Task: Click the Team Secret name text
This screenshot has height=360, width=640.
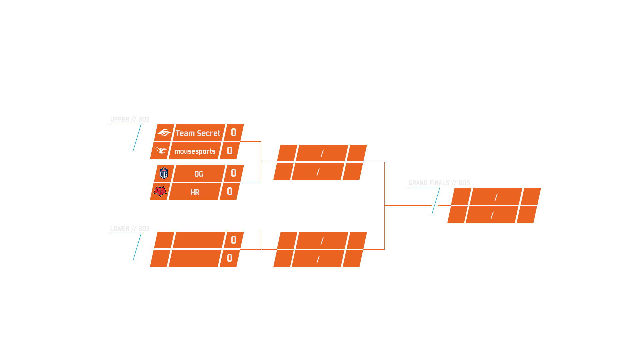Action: click(x=198, y=133)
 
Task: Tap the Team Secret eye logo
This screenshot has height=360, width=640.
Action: click(x=164, y=133)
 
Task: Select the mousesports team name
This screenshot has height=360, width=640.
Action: click(x=195, y=151)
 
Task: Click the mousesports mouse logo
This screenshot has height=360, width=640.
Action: click(x=161, y=150)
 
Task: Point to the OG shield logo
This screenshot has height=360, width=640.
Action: click(x=164, y=173)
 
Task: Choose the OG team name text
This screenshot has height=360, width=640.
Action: click(x=199, y=174)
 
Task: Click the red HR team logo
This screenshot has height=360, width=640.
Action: click(x=160, y=191)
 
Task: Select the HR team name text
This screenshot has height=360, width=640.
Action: click(x=195, y=192)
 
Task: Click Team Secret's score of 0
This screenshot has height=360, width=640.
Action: click(x=234, y=133)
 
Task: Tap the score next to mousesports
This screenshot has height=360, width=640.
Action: click(x=230, y=151)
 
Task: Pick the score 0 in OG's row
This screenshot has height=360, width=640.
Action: click(x=234, y=173)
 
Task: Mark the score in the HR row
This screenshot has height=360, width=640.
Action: click(x=230, y=191)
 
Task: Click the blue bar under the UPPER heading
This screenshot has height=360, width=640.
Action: click(x=137, y=138)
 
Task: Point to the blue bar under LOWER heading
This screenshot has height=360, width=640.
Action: click(x=137, y=247)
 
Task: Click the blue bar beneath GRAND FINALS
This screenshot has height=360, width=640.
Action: click(x=436, y=201)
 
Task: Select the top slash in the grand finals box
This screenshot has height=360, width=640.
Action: click(x=496, y=197)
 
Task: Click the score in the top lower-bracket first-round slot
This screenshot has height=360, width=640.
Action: click(x=234, y=240)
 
